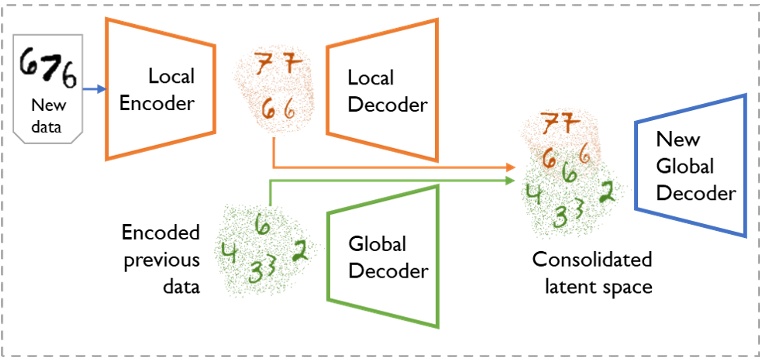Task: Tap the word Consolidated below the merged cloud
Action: pos(592,261)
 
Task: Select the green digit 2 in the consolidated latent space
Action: pos(606,192)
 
